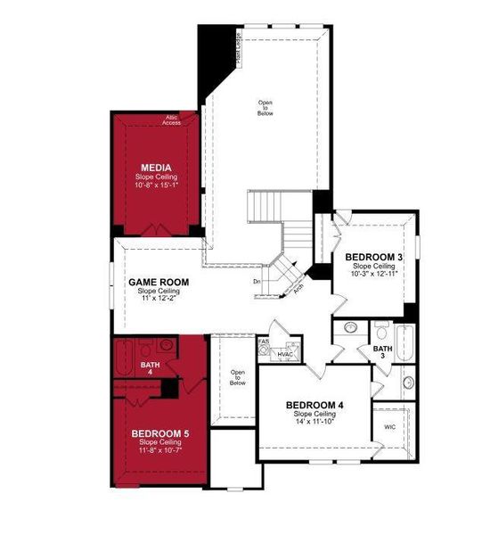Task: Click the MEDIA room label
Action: tap(156, 167)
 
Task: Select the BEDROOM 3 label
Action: tap(374, 258)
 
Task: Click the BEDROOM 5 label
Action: tap(159, 434)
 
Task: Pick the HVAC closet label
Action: tap(286, 354)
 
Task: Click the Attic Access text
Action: tap(173, 120)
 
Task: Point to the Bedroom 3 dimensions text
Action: tap(374, 275)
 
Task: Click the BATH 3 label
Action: tap(382, 352)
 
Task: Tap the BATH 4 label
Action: tap(151, 368)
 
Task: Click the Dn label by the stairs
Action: tap(257, 282)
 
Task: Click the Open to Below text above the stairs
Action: tap(265, 108)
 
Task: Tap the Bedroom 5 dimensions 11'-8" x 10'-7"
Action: tap(159, 450)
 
